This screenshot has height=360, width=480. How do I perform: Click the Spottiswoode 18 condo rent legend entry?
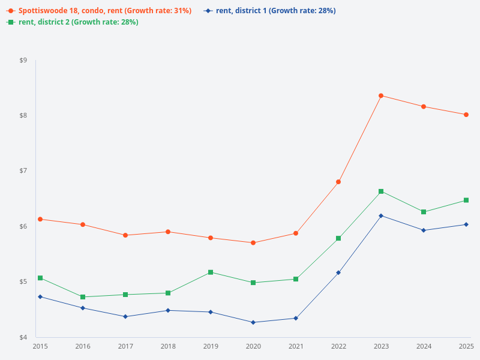[x=100, y=11]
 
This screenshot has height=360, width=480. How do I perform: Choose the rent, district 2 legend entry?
[x=73, y=22]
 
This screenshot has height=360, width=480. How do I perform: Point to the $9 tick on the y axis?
[x=23, y=60]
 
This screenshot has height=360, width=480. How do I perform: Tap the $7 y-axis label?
[x=23, y=171]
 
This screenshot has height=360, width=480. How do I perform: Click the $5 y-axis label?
[x=23, y=282]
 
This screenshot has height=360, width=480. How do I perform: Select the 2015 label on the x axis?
[x=40, y=346]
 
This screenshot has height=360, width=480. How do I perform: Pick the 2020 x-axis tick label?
[x=253, y=346]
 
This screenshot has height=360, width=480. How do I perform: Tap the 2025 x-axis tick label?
[x=466, y=346]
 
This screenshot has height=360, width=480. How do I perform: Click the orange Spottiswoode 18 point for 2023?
[x=381, y=95]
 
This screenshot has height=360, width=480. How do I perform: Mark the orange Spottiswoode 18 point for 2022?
[x=338, y=182]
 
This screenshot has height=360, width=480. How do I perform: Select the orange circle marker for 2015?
[x=40, y=219]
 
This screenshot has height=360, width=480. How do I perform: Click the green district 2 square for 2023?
[x=381, y=191]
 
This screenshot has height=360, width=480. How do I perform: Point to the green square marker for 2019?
[x=211, y=272]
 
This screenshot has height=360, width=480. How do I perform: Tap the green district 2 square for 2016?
[x=83, y=297]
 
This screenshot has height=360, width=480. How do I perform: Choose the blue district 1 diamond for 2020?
[x=253, y=322]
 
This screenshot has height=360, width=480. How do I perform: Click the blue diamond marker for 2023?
[x=381, y=215]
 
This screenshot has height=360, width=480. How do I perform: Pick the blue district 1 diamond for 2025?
[x=466, y=224]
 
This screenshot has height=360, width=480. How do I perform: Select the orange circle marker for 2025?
[x=466, y=115]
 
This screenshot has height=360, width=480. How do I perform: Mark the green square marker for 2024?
[x=424, y=212]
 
